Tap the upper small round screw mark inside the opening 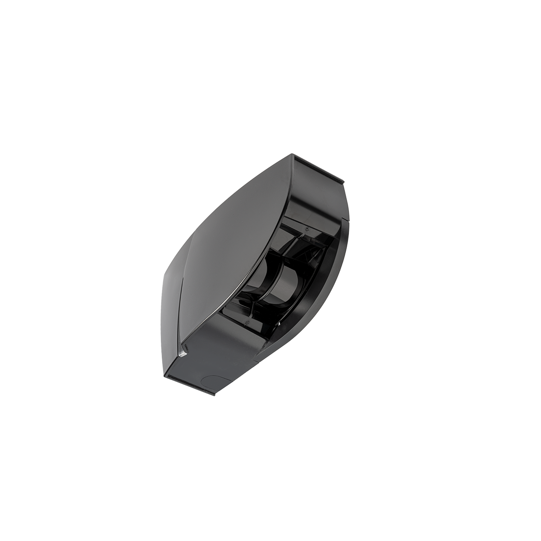(307, 229)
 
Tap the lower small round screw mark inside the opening (248, 323)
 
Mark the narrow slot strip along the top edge (319, 173)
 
